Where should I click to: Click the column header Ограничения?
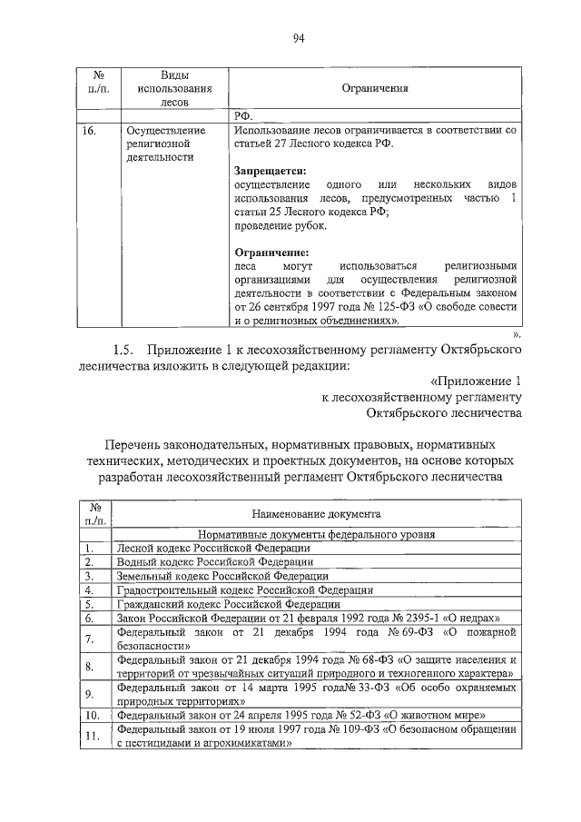coord(374,89)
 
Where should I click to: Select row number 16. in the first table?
coord(88,131)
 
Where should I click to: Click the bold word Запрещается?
coord(271,170)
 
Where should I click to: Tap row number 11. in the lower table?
coord(89,736)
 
